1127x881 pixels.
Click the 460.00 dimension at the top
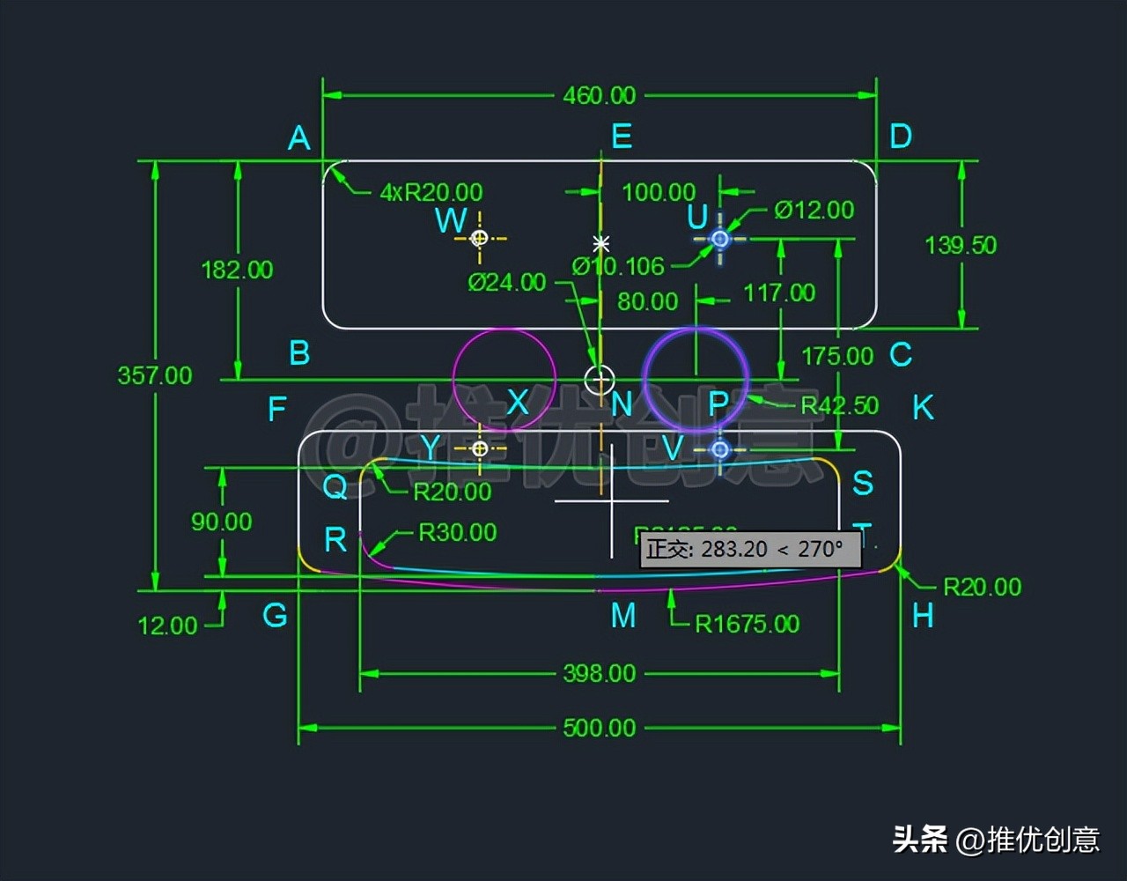(x=599, y=95)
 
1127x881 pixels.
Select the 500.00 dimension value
(x=599, y=728)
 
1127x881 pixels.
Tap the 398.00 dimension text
(x=599, y=674)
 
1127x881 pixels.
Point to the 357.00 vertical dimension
(x=155, y=375)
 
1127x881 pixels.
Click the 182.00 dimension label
(x=237, y=270)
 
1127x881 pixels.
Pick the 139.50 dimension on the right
(x=961, y=245)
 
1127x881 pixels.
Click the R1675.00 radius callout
(x=747, y=625)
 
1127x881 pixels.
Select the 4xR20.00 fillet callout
(x=431, y=192)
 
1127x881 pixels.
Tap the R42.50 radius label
(x=839, y=406)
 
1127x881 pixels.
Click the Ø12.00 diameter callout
(x=814, y=210)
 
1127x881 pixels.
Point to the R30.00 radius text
(x=457, y=532)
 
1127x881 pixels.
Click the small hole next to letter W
(x=480, y=238)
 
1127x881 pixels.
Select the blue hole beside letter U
(x=720, y=239)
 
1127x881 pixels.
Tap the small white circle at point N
(x=600, y=380)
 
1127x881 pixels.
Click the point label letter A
(x=299, y=138)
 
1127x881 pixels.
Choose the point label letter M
(x=623, y=616)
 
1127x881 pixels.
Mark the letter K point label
(x=923, y=408)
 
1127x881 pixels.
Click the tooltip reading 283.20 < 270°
(x=748, y=549)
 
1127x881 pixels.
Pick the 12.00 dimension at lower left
(x=167, y=626)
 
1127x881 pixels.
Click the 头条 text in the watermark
(x=920, y=839)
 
